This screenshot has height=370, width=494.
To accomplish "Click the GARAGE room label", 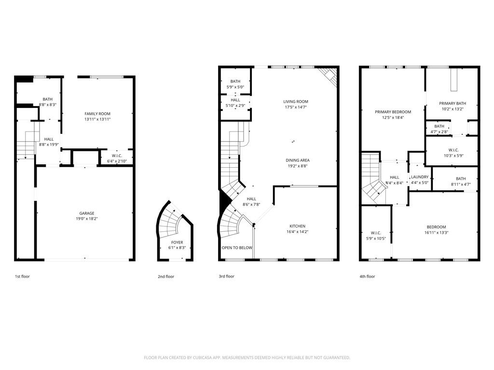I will tap(87, 213).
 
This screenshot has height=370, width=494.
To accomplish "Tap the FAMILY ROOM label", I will tap(97, 114).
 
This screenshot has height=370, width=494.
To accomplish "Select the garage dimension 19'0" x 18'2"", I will tap(87, 219).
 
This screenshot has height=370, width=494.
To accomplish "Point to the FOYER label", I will tap(177, 242).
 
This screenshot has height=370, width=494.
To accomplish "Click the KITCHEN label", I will tap(297, 226).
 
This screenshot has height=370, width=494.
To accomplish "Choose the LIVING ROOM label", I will tap(296, 101).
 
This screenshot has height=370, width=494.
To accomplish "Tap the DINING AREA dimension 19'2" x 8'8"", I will tap(297, 166).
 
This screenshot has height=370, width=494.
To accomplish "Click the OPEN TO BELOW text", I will tap(236, 248).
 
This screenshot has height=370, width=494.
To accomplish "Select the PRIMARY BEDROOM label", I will tap(393, 112).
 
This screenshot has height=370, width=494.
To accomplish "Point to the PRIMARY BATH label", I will tap(452, 103).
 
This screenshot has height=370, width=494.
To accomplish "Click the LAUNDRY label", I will tap(419, 177).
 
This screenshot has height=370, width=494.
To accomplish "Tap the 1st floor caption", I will tap(22, 277).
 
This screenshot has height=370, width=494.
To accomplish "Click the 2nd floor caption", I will tap(165, 277).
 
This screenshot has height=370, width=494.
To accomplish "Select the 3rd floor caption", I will tap(226, 277).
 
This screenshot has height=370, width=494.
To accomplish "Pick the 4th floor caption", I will tap(367, 277).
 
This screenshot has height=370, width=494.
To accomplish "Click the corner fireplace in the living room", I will tap(329, 75).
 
